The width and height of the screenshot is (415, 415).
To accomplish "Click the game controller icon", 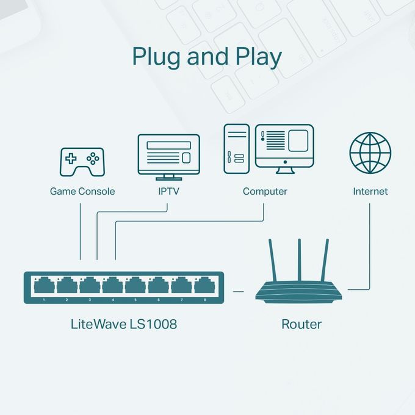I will (81, 162).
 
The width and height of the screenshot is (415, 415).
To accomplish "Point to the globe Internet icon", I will (370, 153).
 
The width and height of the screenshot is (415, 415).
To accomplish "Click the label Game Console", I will (82, 192).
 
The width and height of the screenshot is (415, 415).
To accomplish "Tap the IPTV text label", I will (168, 192).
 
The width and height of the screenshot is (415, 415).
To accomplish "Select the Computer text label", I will (265, 192).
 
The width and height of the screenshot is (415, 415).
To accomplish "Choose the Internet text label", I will (370, 192).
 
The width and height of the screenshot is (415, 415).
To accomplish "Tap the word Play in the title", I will (259, 57).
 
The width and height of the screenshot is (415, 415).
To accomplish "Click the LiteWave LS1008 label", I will (124, 323).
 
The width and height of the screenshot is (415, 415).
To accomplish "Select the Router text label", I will (301, 323).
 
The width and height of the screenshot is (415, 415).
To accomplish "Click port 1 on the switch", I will (45, 286).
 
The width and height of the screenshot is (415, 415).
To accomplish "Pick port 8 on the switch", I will (204, 286).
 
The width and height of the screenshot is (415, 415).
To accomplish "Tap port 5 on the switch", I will (136, 286).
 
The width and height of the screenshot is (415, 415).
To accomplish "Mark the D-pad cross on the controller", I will (71, 159).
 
